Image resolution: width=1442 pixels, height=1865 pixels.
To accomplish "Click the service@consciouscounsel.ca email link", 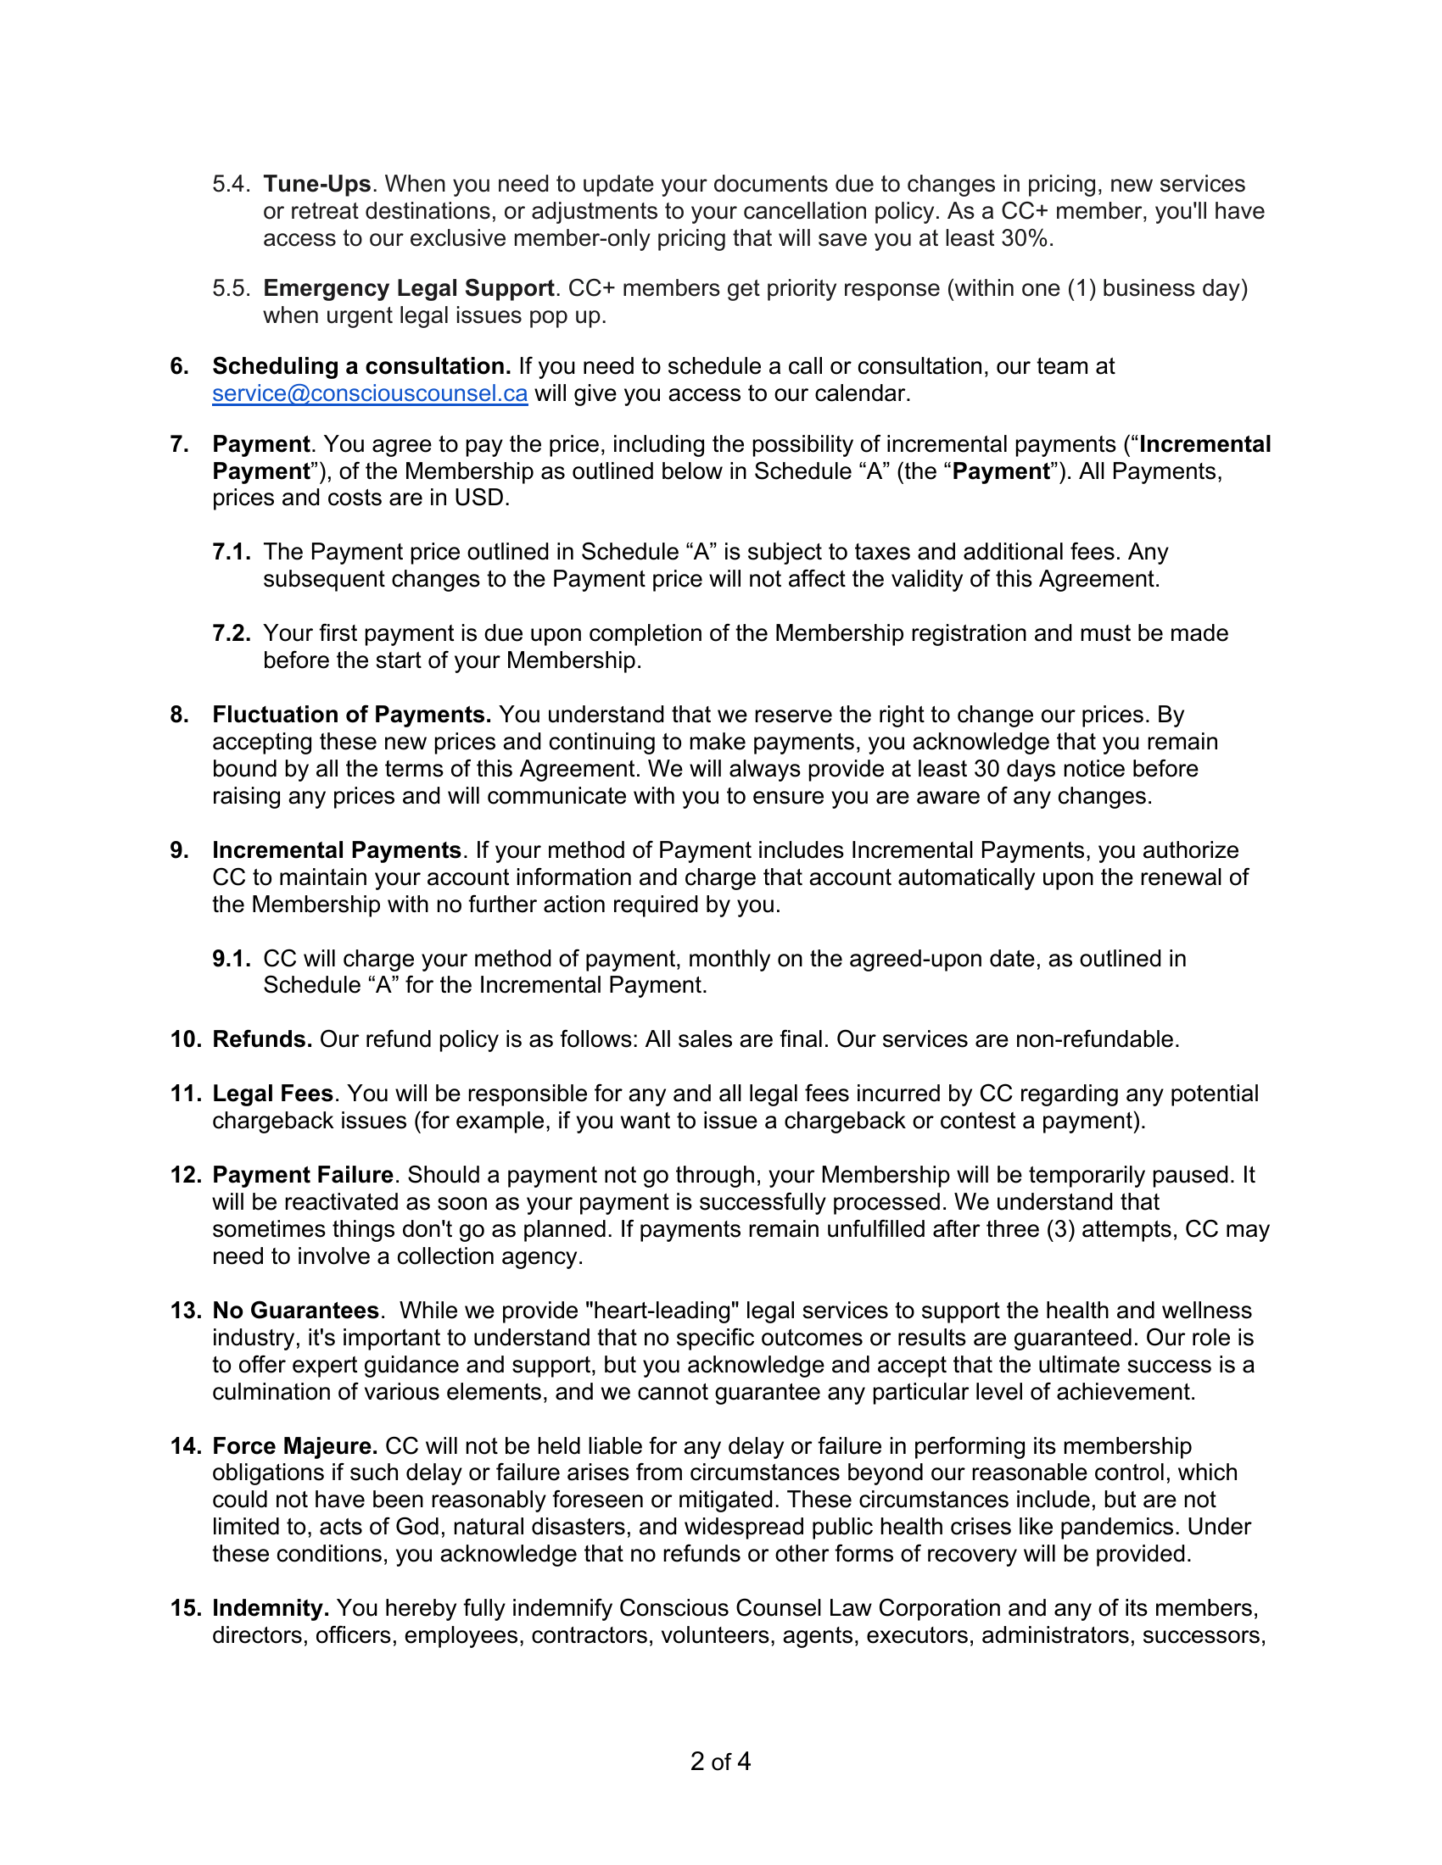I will click(369, 393).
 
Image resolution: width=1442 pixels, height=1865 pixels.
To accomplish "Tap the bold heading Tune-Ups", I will click(316, 185).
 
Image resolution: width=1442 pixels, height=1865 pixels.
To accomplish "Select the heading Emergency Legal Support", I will click(408, 288).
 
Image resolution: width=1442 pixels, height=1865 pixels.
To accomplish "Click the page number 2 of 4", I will click(720, 1761).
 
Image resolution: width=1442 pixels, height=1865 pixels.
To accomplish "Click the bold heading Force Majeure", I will click(294, 1445).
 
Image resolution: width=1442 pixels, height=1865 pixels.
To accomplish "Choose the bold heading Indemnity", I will click(270, 1608).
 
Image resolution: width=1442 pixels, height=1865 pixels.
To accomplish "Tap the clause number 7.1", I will click(231, 553).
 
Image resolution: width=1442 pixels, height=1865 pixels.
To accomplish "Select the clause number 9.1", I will click(231, 959).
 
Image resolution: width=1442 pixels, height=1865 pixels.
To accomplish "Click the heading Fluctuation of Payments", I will click(351, 715).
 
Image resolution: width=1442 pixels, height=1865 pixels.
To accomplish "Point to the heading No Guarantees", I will click(294, 1310).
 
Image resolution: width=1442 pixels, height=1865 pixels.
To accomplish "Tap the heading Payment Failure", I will click(303, 1175).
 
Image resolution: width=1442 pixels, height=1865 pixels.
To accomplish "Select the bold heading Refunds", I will click(261, 1039).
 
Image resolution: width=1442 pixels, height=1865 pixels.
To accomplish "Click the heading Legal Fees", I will click(271, 1094).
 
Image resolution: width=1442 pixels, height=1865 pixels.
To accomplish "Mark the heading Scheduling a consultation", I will click(360, 366).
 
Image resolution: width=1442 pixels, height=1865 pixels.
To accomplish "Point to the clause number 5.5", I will click(231, 288).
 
